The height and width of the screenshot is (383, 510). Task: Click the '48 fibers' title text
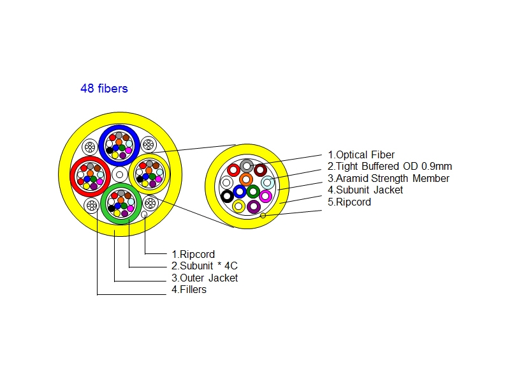click(104, 89)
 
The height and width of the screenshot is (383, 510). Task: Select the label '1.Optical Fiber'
click(361, 154)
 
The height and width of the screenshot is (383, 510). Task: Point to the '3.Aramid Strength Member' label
click(388, 178)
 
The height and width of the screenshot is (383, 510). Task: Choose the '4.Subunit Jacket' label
click(365, 190)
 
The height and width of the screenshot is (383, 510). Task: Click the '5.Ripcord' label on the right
click(349, 202)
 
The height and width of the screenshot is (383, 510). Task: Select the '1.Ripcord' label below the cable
click(193, 254)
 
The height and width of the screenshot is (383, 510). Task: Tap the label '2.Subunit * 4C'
click(205, 266)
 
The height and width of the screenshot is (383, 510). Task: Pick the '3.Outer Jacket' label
click(205, 278)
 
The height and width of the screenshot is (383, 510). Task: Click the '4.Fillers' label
click(189, 289)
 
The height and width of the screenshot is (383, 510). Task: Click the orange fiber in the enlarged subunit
click(246, 179)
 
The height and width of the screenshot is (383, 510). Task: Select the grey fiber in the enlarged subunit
click(246, 167)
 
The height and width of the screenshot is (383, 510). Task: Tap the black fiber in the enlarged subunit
click(227, 196)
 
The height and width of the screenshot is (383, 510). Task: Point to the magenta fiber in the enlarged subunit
click(266, 196)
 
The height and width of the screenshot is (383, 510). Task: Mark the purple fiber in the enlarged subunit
click(254, 206)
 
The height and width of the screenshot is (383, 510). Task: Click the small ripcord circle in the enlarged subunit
click(263, 216)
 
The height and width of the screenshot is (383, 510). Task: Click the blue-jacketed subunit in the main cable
click(120, 144)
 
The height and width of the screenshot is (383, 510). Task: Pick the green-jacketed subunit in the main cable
click(120, 203)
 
